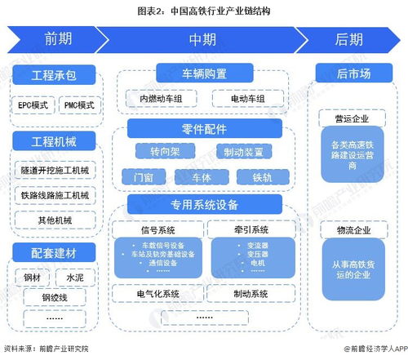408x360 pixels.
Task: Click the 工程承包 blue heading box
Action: coord(55,76)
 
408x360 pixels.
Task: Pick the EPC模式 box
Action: coord(33,105)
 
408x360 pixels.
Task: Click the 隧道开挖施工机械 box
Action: coord(55,171)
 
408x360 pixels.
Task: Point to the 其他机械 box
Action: coord(55,220)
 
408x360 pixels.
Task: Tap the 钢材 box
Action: coord(33,278)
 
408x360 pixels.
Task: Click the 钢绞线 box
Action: coord(55,298)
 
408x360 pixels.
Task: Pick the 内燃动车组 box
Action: coord(162,100)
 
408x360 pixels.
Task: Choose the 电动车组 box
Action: coord(248,100)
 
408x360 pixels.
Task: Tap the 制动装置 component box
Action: coord(243,152)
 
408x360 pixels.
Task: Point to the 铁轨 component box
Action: coord(261,176)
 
